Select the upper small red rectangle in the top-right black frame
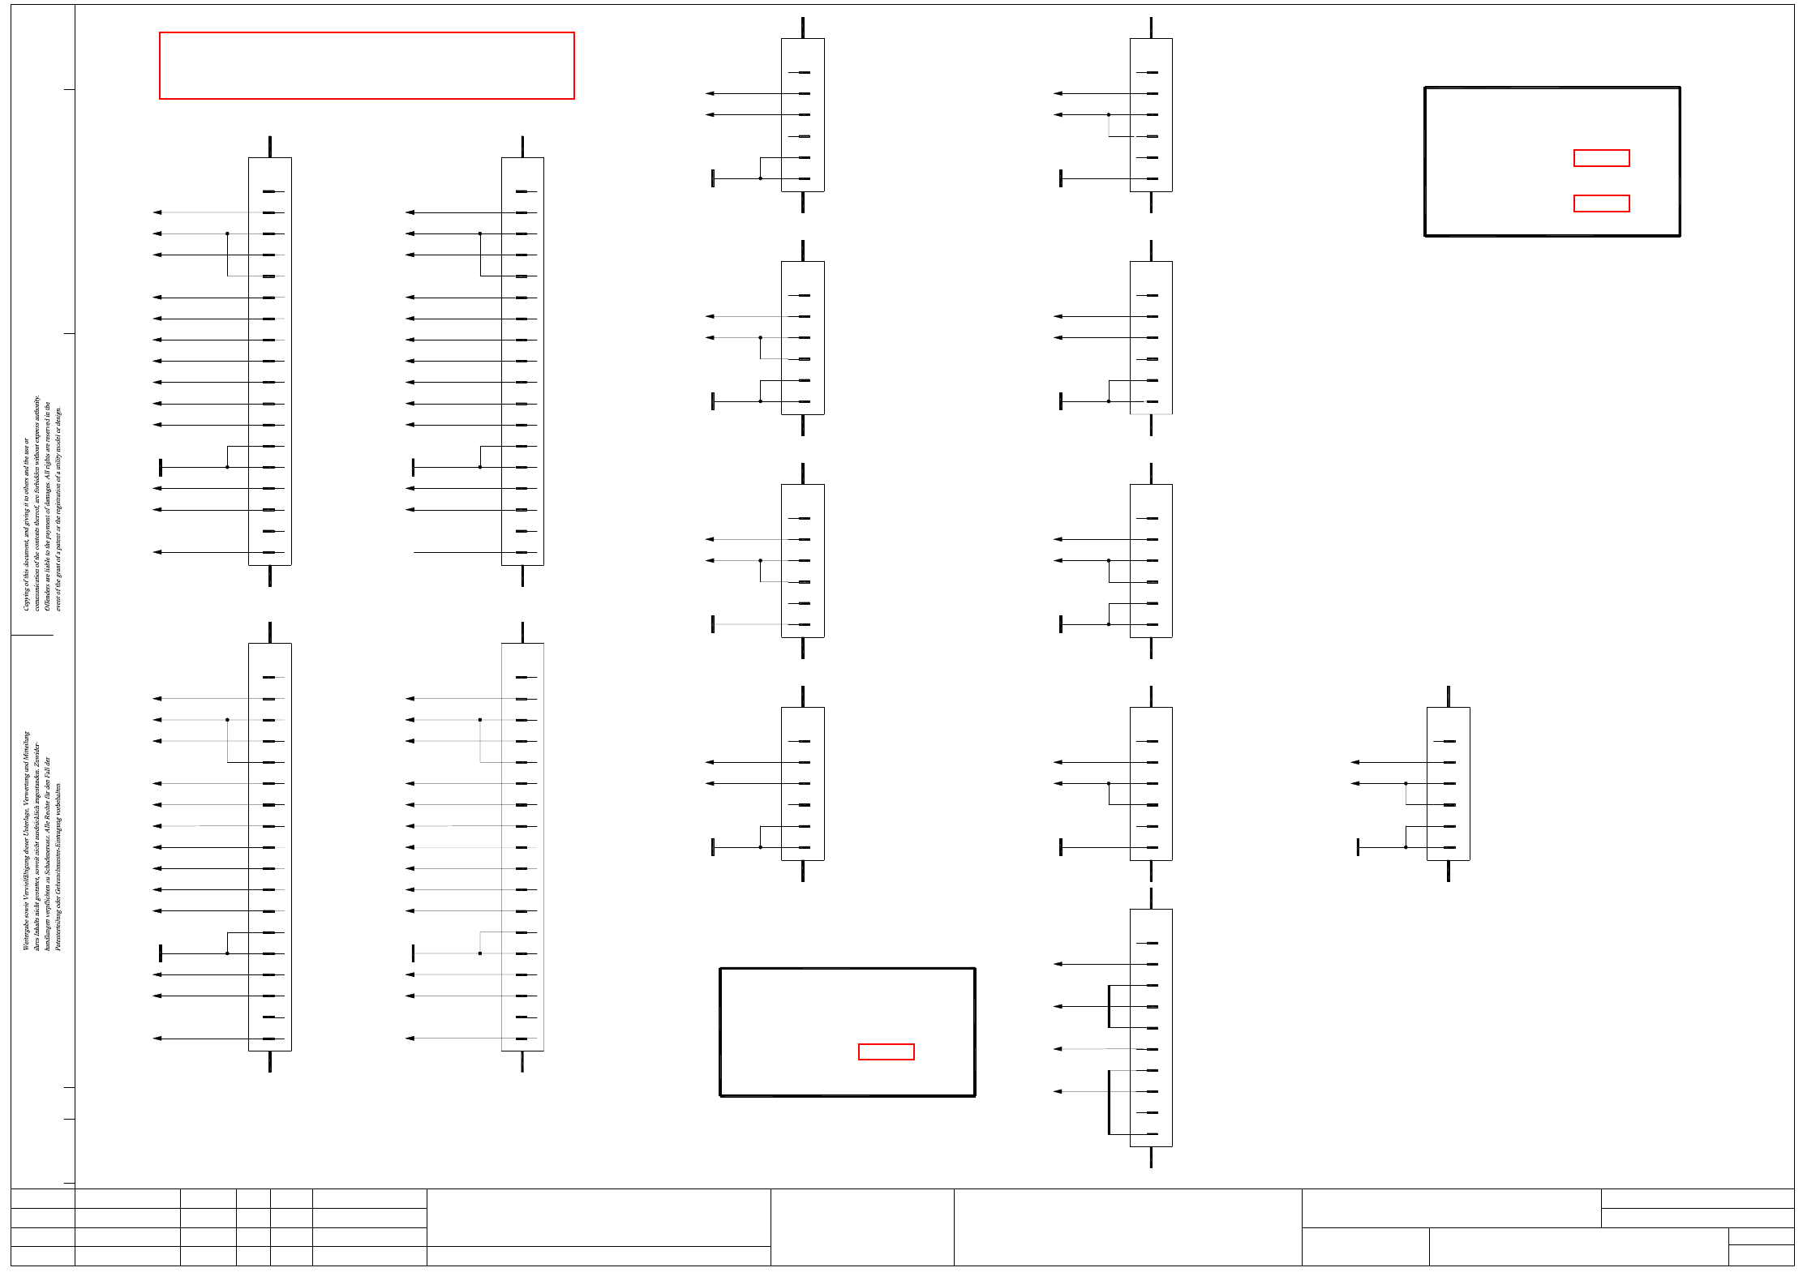(x=1601, y=158)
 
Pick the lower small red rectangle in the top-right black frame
(x=1601, y=203)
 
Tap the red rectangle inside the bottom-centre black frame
(x=886, y=1051)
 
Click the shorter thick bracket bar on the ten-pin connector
(x=1109, y=1006)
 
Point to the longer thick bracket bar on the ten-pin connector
(x=1109, y=1102)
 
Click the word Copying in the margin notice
(x=26, y=599)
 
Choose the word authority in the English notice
(x=36, y=409)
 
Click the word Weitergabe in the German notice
(x=26, y=934)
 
